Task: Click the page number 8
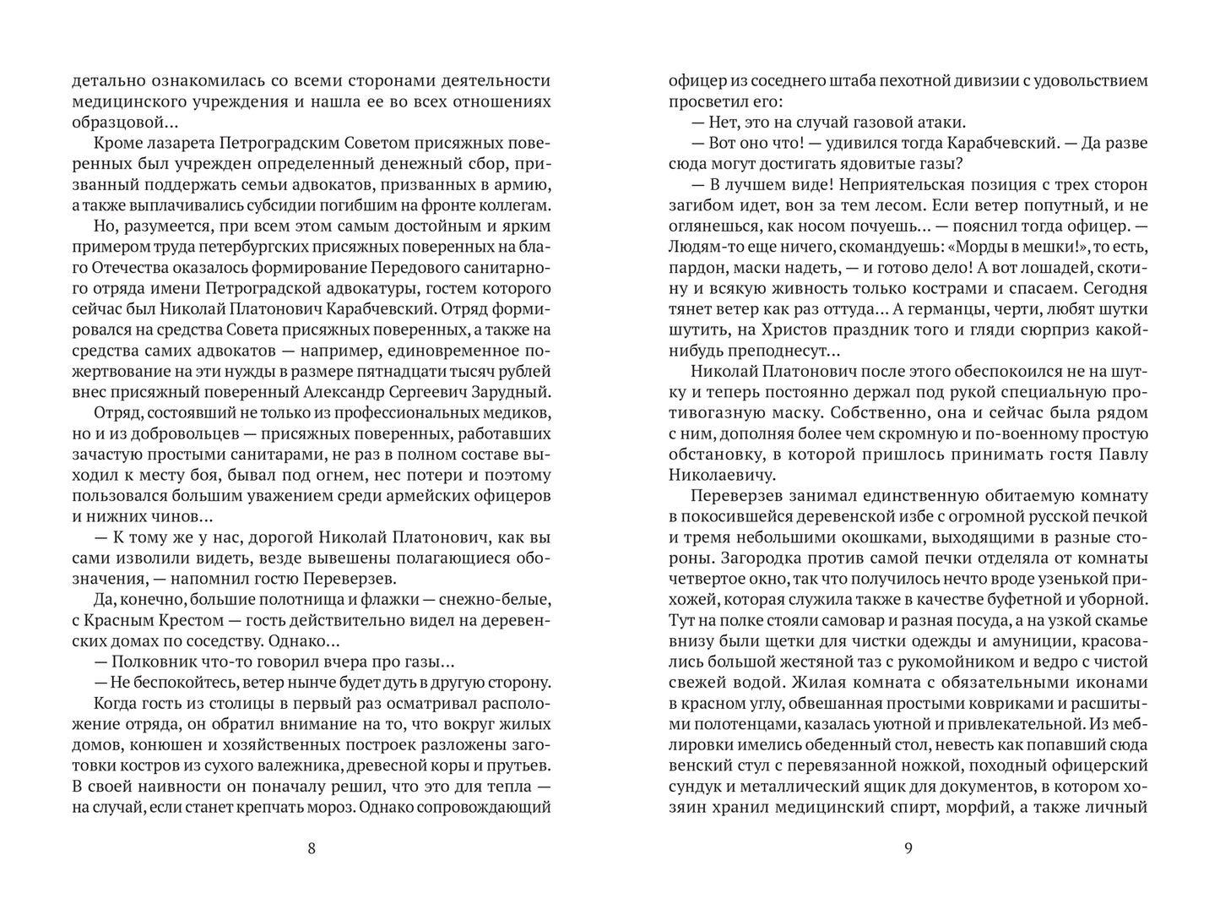(x=312, y=849)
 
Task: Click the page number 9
(x=908, y=849)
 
